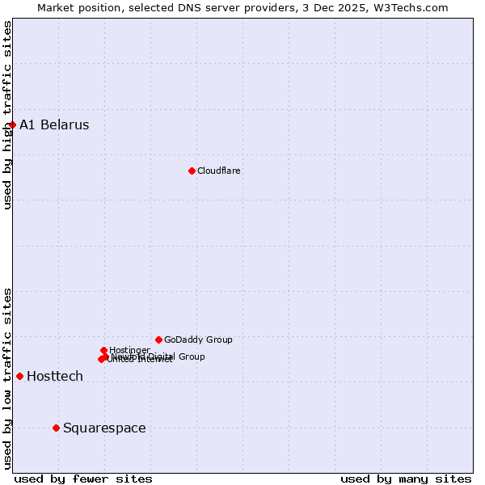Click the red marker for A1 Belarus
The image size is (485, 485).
[12, 124]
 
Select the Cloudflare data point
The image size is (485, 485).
[192, 171]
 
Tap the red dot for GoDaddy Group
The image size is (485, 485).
[158, 339]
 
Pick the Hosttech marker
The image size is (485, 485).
[19, 376]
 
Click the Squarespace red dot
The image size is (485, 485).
[56, 428]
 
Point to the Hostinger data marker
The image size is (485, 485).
[103, 350]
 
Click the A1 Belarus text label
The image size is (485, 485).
[54, 125]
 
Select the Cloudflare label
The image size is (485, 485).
[219, 171]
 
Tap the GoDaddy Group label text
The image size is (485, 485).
[198, 340]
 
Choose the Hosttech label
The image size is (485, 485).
[55, 377]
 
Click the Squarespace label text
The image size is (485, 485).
[104, 428]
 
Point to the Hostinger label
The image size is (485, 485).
[129, 350]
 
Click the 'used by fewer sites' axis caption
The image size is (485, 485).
[83, 479]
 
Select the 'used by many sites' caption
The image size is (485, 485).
[406, 479]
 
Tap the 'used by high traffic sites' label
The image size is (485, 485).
[8, 115]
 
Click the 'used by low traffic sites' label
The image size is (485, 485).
[8, 377]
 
